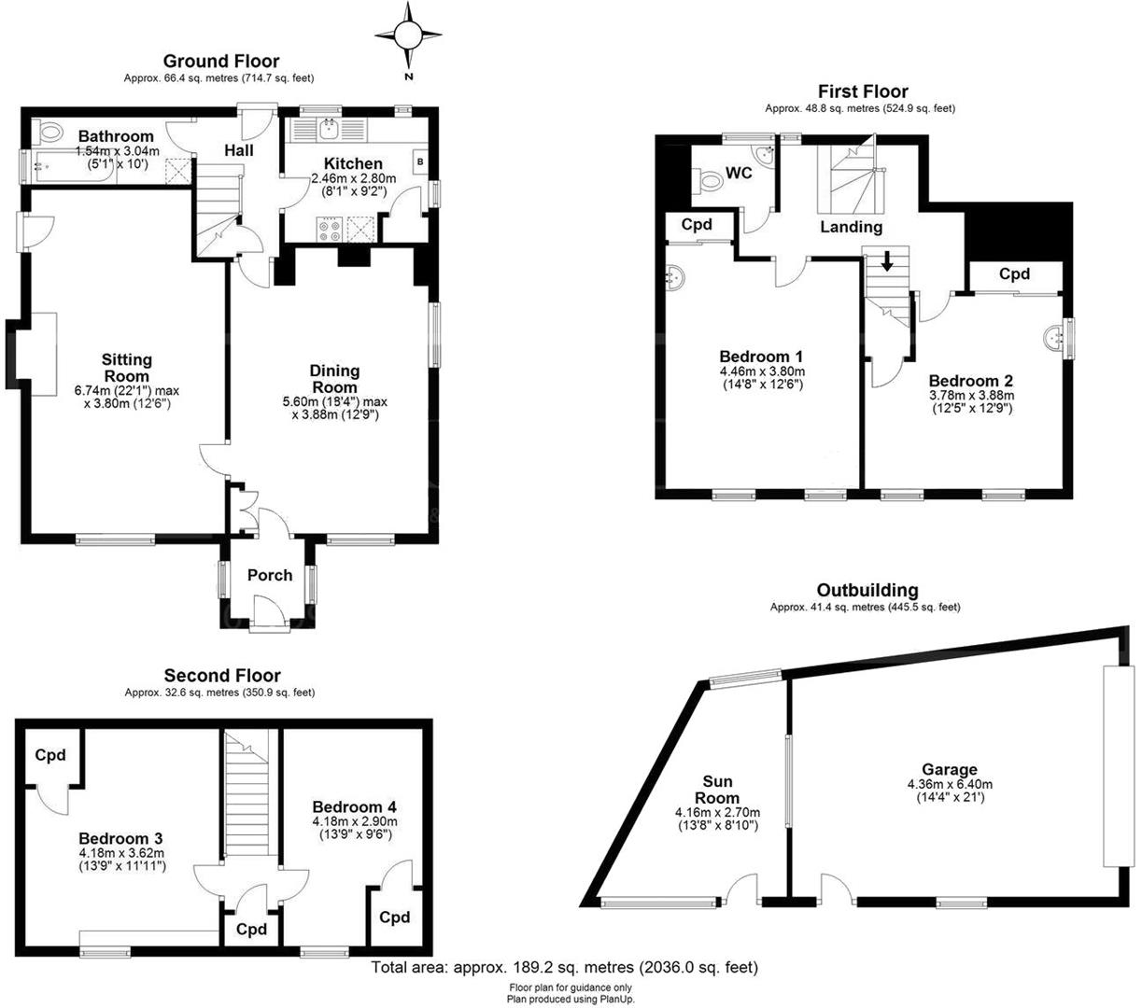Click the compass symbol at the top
408,36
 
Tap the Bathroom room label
116,136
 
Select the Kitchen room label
353,163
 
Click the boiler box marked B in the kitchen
419,161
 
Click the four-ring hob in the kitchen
330,230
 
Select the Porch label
270,575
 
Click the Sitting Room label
127,368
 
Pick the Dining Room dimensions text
334,408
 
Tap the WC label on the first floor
740,174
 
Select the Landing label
851,227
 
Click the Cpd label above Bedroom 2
1014,274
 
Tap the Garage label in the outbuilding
950,770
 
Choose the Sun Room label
717,790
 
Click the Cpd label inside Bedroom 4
394,917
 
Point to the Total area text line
565,967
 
